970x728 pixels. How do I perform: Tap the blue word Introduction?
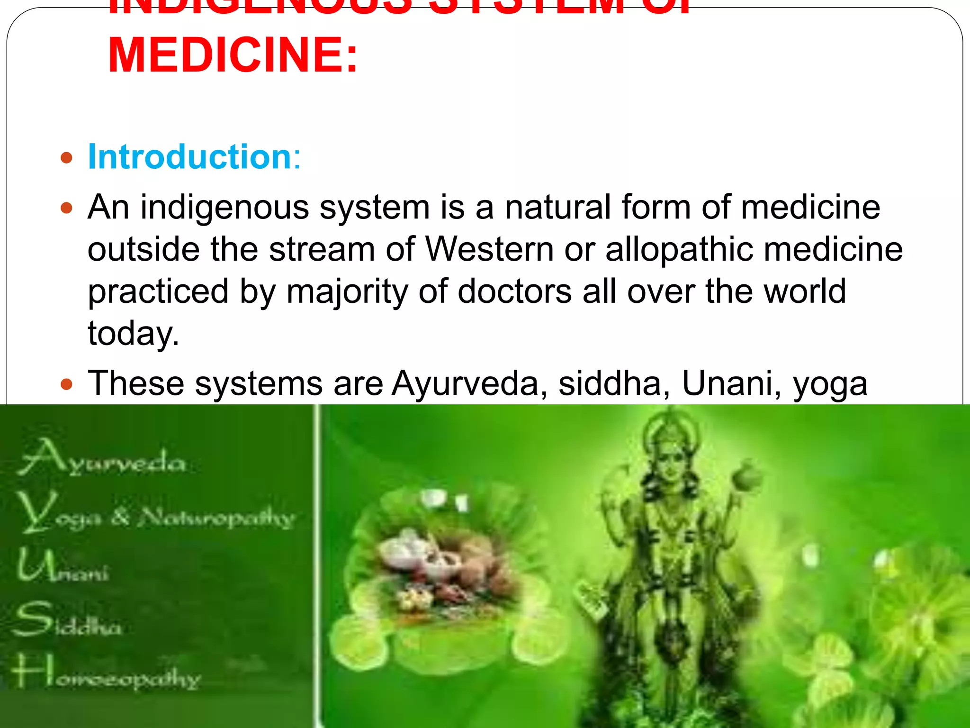[189, 157]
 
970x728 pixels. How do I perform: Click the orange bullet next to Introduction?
[67, 157]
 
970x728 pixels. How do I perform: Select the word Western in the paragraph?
[489, 249]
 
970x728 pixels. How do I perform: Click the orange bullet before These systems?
[67, 383]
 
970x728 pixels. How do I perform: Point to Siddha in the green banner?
[69, 621]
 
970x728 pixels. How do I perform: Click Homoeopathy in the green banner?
[107, 673]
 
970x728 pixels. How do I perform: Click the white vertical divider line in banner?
[318, 564]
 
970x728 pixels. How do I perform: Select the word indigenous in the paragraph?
[225, 209]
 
